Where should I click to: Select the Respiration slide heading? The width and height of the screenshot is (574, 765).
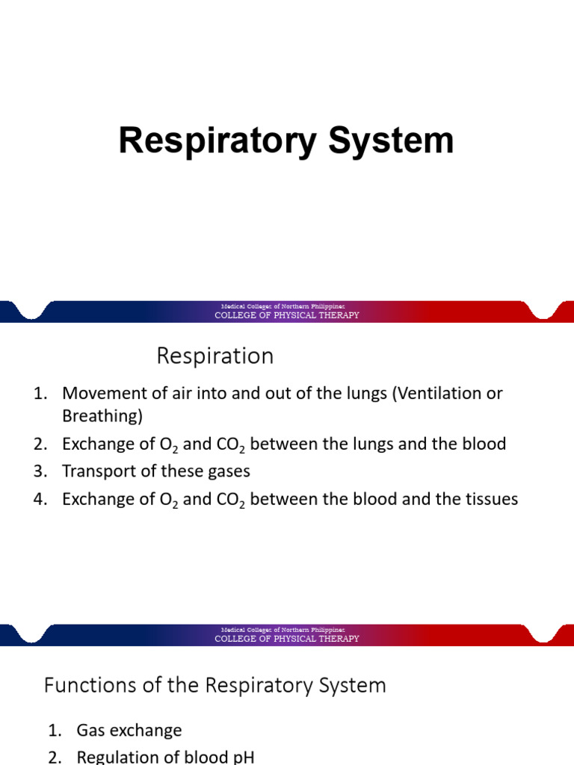[x=215, y=356]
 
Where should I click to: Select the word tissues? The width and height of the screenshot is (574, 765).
[x=491, y=499]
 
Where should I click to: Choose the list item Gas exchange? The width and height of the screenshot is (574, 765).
[x=129, y=731]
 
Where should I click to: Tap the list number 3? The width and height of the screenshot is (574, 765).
[x=40, y=471]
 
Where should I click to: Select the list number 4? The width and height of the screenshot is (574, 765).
[x=40, y=499]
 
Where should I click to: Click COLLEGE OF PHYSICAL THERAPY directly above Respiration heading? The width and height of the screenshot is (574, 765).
[x=287, y=315]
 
